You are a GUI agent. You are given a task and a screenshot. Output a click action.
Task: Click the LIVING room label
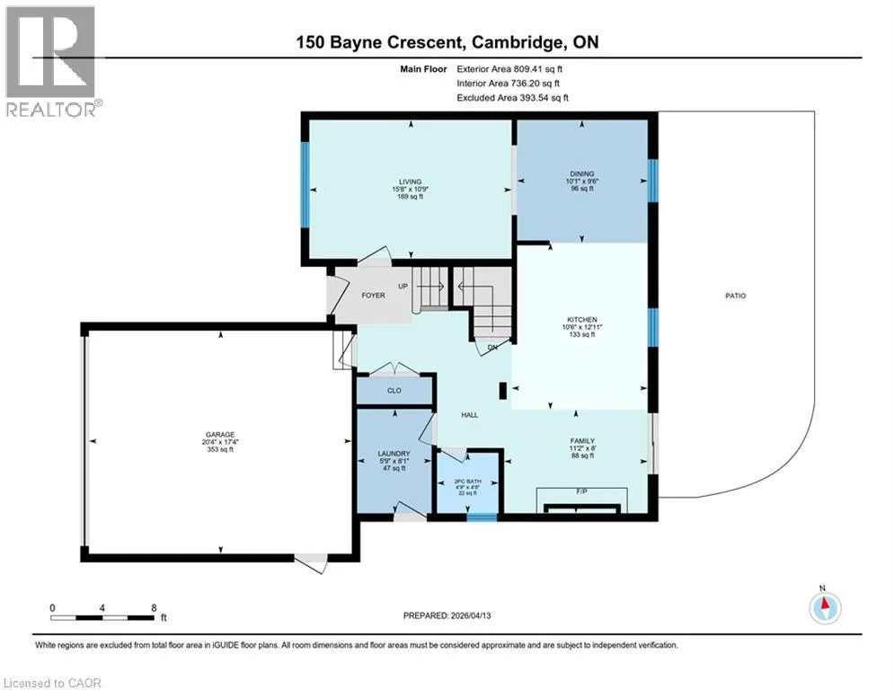point(410,181)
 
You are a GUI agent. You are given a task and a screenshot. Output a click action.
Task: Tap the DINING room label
point(581,174)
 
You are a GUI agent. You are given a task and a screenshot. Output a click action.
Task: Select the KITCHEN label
point(581,320)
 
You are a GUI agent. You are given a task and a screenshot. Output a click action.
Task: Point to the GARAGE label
point(220,435)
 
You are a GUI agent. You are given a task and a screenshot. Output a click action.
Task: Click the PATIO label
point(736,296)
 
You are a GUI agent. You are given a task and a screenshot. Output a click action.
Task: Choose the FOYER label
point(374,296)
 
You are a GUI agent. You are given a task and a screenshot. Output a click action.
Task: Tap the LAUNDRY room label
point(394,454)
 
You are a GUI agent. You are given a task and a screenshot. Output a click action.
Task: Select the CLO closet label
point(394,391)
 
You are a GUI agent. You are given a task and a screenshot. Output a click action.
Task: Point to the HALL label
point(470,415)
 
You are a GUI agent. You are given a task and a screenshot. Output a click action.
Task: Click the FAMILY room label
point(582,441)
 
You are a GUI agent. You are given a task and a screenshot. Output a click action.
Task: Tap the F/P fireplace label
point(581,491)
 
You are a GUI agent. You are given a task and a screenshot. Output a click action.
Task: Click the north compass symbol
point(825,607)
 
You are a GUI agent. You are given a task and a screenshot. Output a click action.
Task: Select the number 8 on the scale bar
point(154,608)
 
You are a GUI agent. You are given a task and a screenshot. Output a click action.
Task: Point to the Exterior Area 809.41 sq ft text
point(509,69)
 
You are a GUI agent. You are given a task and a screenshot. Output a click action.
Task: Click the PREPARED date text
point(447,615)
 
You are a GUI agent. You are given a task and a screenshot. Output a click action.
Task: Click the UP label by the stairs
point(403,287)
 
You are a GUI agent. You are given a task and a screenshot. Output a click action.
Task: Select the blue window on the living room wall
point(305,185)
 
